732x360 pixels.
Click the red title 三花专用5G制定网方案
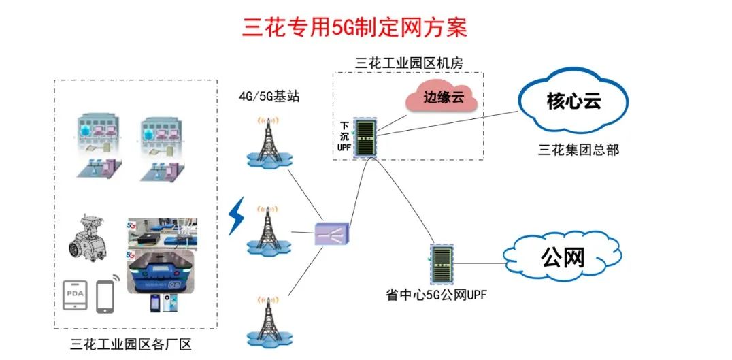pos(354,28)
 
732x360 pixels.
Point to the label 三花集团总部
pos(578,150)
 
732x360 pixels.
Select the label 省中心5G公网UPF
pos(435,295)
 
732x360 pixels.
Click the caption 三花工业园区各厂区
pos(131,344)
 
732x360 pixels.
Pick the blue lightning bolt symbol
pos(236,216)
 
